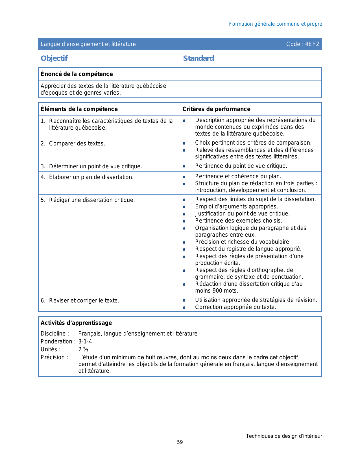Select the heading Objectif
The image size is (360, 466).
(x=54, y=58)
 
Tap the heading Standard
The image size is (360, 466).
(x=198, y=58)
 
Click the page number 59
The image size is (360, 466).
(x=180, y=442)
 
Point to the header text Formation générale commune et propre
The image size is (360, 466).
(x=275, y=24)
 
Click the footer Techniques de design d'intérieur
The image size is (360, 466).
(x=284, y=436)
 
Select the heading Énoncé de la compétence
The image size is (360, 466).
(x=77, y=74)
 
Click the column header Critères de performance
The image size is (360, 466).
(x=216, y=109)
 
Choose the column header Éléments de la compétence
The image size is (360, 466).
(x=79, y=109)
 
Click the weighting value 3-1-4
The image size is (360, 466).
(x=85, y=341)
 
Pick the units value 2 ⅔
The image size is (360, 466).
(x=83, y=349)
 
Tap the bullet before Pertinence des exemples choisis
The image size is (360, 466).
(x=184, y=221)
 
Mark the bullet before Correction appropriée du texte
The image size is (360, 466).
(x=184, y=307)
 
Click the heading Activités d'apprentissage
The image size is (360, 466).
(x=76, y=323)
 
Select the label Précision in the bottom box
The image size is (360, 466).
(x=54, y=357)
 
